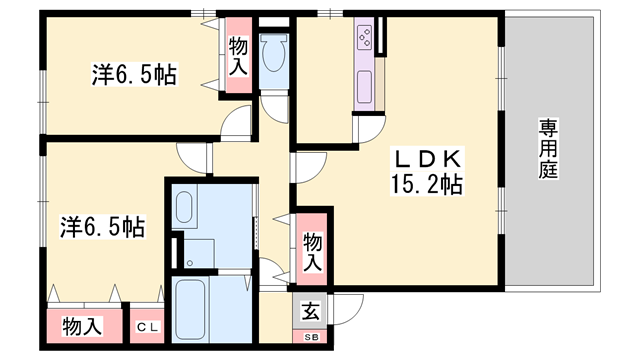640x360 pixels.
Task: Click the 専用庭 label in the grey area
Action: [x=548, y=150]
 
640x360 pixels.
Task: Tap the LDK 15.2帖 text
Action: [x=424, y=171]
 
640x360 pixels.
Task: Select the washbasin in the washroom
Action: [x=184, y=209]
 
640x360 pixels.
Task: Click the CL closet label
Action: [x=148, y=327]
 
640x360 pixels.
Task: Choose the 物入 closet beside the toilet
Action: [x=238, y=55]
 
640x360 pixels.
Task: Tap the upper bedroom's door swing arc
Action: [x=237, y=122]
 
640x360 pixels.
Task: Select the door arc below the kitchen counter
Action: [x=369, y=129]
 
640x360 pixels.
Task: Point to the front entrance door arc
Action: [x=346, y=310]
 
